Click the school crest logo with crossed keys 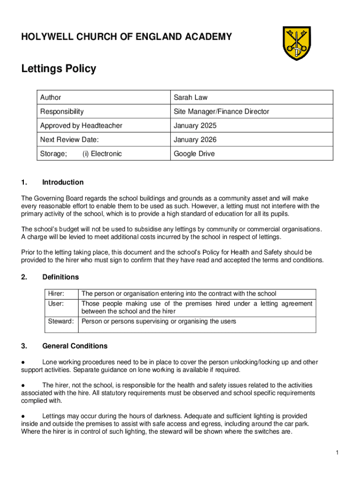pos(296,43)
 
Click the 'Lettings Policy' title pos(58,69)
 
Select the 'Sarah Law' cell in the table pos(190,98)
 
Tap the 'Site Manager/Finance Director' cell pos(221,112)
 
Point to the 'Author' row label pos(50,98)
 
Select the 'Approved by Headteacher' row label pos(81,126)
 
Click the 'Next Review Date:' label pos(69,140)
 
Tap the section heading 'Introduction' pos(63,182)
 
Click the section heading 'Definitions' pos(60,277)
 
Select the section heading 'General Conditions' pos(74,346)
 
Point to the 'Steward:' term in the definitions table pos(61,321)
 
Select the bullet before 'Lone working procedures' pos(23,362)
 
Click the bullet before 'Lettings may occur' pos(23,416)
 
